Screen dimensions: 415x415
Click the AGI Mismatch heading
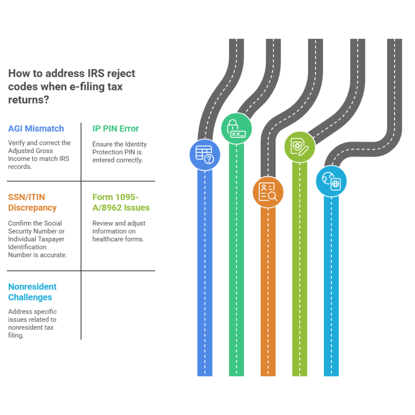(x=36, y=129)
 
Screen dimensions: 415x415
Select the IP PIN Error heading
(x=116, y=129)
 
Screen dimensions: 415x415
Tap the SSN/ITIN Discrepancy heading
(x=32, y=203)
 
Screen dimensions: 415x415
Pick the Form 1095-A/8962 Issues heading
(x=121, y=203)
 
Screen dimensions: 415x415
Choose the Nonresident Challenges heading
(x=32, y=292)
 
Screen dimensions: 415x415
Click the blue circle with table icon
(x=205, y=154)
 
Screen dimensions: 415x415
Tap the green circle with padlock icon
(x=236, y=128)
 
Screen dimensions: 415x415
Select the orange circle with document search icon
(x=268, y=192)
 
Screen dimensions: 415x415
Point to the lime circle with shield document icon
(x=299, y=147)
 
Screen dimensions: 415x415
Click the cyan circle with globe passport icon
(x=331, y=181)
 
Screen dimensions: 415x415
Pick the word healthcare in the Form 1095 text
(x=108, y=239)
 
